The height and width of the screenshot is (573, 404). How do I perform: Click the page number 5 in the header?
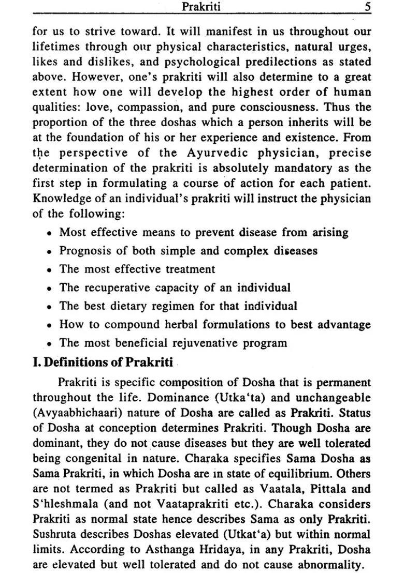coord(367,7)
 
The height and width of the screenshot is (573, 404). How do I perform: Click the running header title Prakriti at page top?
coord(201,7)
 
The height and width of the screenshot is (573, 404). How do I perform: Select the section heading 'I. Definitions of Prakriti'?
coord(103,362)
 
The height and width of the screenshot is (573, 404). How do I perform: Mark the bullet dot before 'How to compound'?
coord(48,326)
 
